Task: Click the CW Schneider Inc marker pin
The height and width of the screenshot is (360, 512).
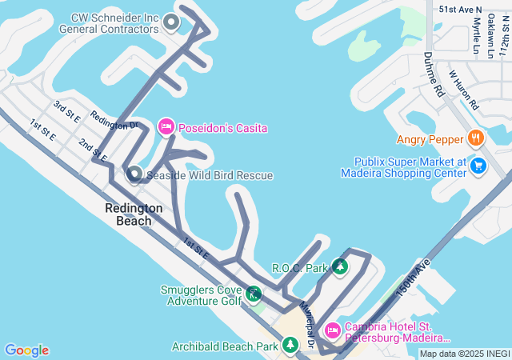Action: [x=170, y=22]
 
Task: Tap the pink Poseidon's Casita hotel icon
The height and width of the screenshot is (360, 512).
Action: [x=166, y=126]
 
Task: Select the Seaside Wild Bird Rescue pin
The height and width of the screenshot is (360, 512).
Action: [x=134, y=174]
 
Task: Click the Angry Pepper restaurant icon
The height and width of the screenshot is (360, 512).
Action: [x=475, y=138]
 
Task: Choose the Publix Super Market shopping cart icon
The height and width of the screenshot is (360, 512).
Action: [x=478, y=166]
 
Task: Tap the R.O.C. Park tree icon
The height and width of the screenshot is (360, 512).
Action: [x=341, y=266]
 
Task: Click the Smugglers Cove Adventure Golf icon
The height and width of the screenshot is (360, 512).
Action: [x=254, y=294]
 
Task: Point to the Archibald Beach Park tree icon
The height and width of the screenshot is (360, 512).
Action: [x=290, y=346]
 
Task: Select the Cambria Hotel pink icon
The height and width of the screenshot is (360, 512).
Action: [x=332, y=330]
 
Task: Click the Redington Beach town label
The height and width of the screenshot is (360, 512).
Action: [x=134, y=214]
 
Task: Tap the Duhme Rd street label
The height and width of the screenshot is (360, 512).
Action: [x=434, y=75]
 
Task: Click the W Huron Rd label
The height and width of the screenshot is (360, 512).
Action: [x=463, y=90]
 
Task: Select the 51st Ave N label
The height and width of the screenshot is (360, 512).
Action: [x=461, y=10]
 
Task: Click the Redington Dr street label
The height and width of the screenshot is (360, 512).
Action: [x=114, y=120]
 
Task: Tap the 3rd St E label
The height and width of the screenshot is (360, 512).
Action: [x=66, y=111]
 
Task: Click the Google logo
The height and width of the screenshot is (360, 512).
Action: [x=26, y=350]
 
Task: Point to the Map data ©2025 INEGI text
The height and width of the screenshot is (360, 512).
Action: [x=464, y=354]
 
